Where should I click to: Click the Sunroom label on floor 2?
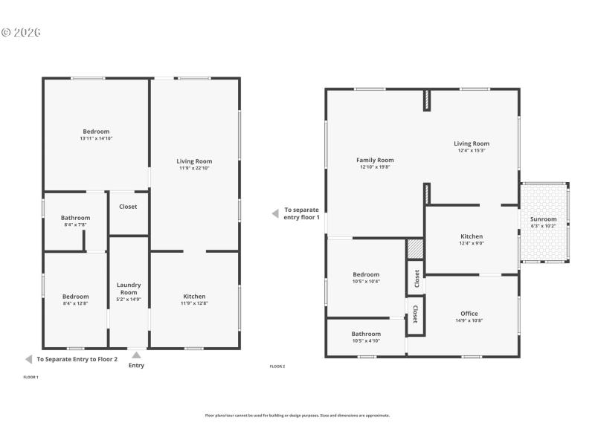[x=543, y=219]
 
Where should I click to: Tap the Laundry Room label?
[x=129, y=288]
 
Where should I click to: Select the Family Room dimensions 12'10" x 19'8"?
[x=375, y=167]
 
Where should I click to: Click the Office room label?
[x=469, y=314]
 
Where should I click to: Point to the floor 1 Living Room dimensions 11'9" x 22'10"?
[x=194, y=168]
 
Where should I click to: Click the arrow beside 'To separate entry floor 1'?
[x=274, y=213]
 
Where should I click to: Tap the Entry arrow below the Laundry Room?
[x=136, y=355]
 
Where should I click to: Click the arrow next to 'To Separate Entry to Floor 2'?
[x=28, y=359]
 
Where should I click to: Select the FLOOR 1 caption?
[x=31, y=378]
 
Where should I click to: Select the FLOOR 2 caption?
[x=277, y=366]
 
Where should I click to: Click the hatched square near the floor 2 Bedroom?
[x=414, y=248]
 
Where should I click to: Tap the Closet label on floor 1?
[x=128, y=207]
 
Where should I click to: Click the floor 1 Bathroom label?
[x=75, y=218]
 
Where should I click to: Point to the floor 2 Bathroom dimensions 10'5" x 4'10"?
[x=366, y=340]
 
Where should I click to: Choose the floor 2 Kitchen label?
[x=472, y=236]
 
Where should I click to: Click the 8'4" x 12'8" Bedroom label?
[x=75, y=297]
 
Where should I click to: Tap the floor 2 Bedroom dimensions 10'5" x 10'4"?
[x=366, y=281]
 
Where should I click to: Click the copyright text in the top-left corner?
[x=21, y=33]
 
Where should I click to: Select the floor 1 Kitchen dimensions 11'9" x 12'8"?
[x=194, y=303]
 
